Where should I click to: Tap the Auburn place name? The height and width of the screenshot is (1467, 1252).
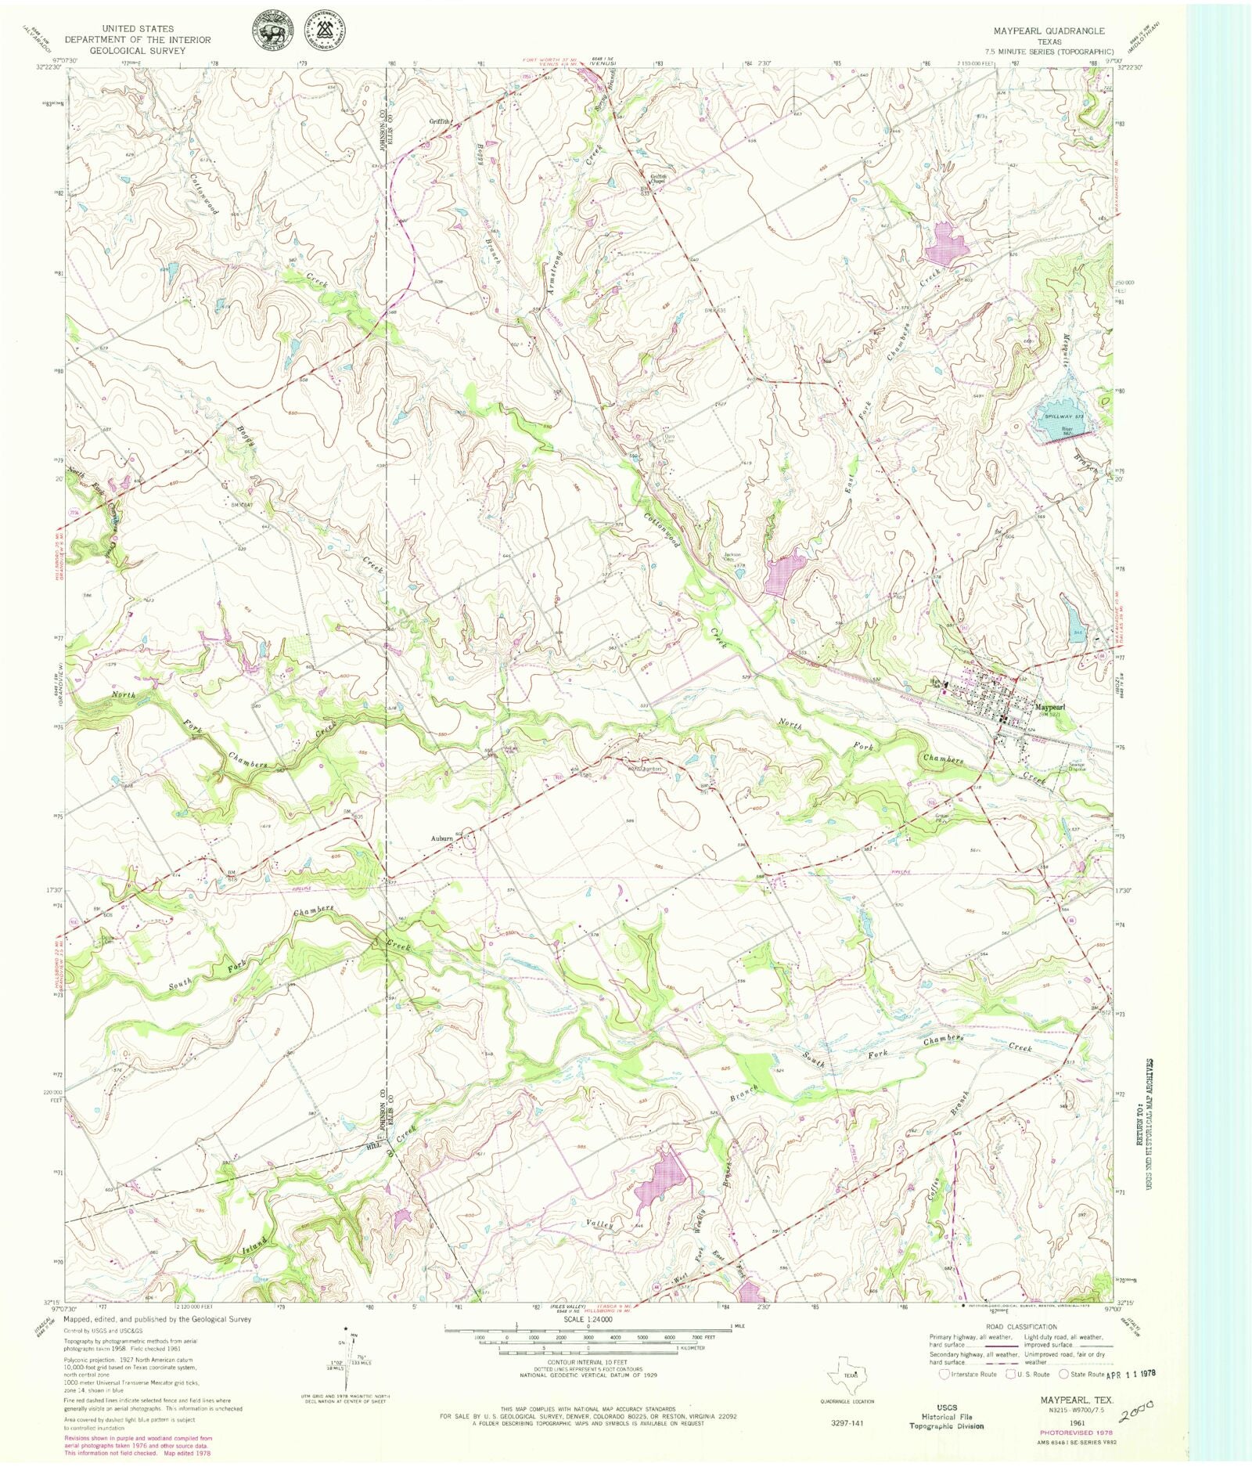coord(442,838)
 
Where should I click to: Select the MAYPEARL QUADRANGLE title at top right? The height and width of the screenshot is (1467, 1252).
coord(1049,31)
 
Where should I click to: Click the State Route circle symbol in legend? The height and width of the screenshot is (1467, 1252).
coord(1063,1374)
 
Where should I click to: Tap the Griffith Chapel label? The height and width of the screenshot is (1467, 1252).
coord(654,178)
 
